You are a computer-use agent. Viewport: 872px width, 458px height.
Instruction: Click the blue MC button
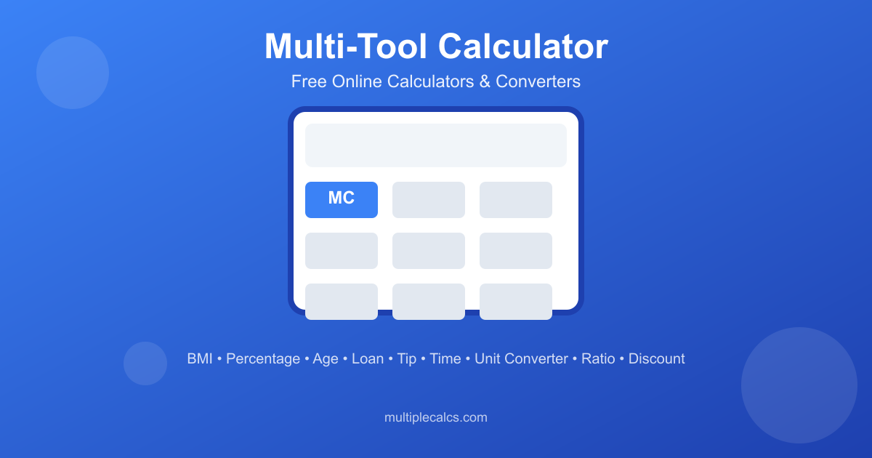(342, 200)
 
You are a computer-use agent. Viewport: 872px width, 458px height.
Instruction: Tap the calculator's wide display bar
(436, 145)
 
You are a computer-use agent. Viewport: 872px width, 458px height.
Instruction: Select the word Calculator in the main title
(523, 47)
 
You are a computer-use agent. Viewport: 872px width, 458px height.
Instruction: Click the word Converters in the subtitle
(538, 81)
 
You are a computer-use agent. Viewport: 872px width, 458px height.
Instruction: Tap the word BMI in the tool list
(200, 358)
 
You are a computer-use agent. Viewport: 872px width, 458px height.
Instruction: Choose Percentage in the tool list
(263, 358)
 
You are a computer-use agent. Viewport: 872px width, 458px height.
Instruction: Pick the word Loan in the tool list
(368, 358)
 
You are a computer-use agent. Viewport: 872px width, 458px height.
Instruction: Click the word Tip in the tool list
(407, 358)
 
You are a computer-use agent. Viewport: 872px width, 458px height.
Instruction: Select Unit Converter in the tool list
(521, 358)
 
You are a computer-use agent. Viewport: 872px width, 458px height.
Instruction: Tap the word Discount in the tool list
(657, 358)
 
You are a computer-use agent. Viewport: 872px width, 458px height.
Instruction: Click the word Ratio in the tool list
(598, 358)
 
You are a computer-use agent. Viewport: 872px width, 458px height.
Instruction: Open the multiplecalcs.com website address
(436, 417)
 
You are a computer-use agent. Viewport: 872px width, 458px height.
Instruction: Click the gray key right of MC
(429, 200)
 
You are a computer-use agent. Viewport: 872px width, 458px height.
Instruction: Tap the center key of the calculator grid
(429, 251)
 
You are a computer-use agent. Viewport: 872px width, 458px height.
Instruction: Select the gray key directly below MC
(342, 251)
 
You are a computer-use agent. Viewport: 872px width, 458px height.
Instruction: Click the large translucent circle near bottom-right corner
(799, 385)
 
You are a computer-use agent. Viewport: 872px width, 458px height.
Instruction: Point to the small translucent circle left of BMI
(145, 363)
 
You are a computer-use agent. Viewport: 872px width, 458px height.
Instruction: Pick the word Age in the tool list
(326, 358)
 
